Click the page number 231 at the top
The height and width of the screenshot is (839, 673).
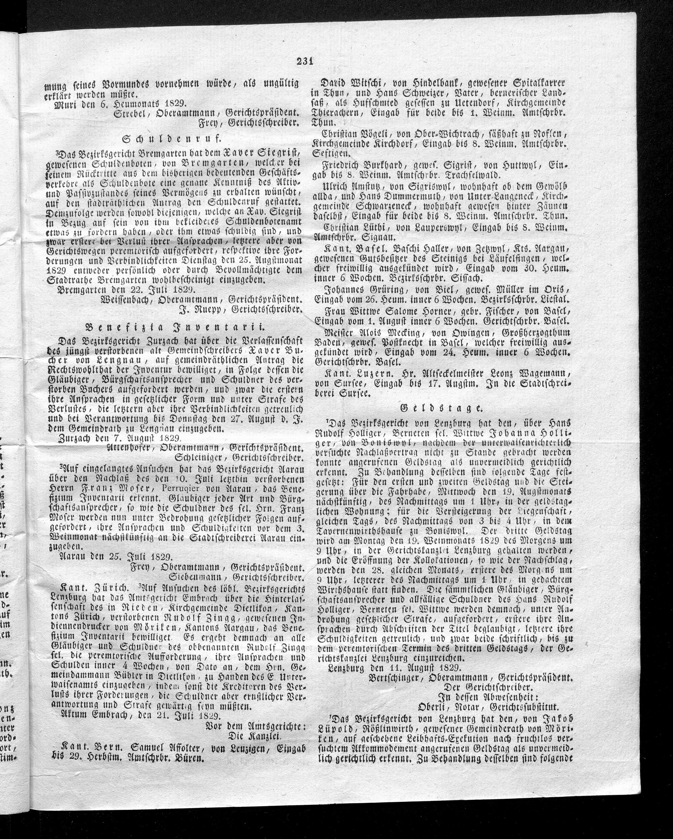coord(305,61)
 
